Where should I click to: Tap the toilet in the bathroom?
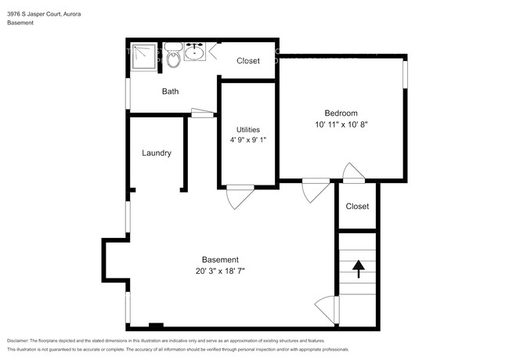(173, 57)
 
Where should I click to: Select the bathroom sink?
(194, 52)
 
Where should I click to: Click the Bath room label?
(170, 92)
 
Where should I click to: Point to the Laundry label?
(157, 153)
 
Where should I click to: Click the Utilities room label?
(248, 130)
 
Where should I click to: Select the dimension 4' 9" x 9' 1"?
(248, 140)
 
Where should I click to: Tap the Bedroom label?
(341, 113)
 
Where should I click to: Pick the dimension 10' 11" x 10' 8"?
(341, 124)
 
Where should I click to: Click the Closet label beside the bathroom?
(248, 60)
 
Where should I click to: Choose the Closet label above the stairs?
(357, 207)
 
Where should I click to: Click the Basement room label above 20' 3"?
(220, 260)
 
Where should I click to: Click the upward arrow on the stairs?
(358, 269)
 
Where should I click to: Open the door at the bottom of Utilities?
(238, 196)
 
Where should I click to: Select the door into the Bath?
(203, 113)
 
